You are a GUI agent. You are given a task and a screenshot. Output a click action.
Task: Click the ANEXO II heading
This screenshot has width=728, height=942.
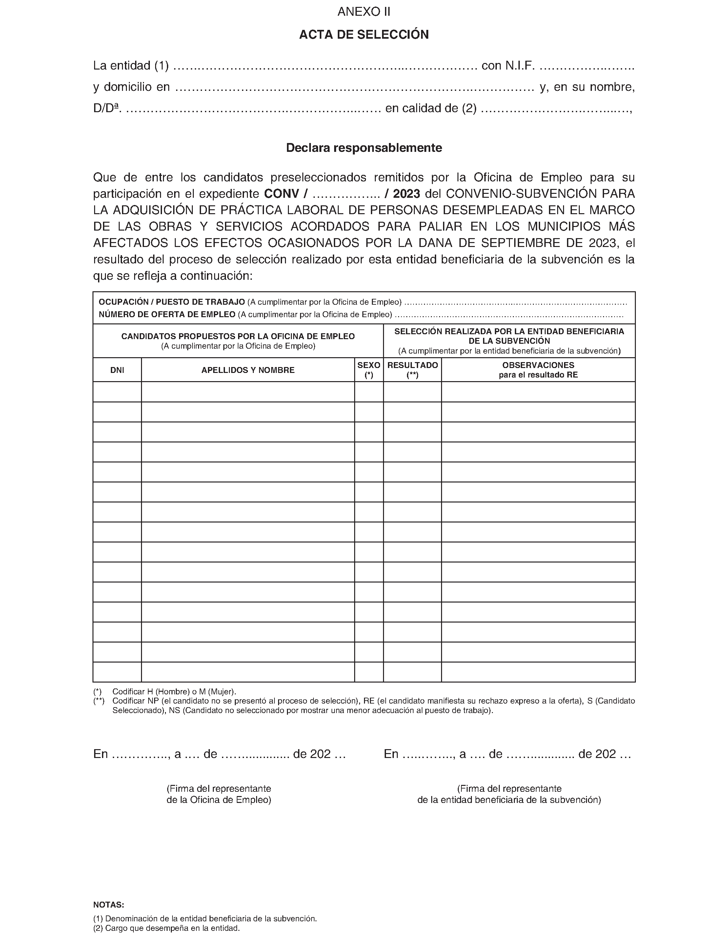point(364,12)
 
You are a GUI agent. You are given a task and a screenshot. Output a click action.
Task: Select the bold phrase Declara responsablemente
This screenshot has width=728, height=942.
point(364,148)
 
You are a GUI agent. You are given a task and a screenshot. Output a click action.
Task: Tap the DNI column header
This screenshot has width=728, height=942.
point(117,370)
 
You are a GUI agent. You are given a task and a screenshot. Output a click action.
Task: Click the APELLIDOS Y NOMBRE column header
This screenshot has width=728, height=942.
point(248,370)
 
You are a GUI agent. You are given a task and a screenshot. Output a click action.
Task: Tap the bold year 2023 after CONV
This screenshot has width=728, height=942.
point(406,194)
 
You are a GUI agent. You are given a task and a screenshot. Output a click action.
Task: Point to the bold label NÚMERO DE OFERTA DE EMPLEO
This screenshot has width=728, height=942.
point(167,315)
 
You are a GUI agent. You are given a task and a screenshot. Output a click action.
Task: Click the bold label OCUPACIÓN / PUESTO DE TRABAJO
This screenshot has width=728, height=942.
point(172,302)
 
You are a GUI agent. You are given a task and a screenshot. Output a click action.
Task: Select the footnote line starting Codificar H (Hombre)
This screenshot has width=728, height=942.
point(174,692)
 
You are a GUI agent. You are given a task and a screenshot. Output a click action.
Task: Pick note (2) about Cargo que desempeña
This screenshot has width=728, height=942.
point(167,928)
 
